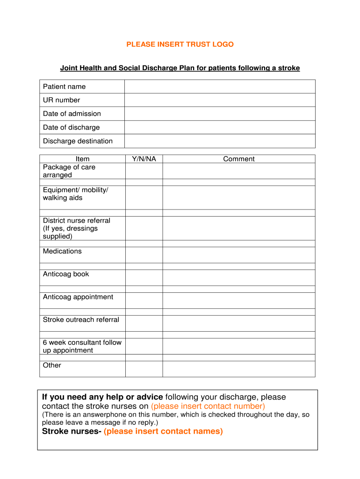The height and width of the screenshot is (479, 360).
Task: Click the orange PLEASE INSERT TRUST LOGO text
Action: click(180, 44)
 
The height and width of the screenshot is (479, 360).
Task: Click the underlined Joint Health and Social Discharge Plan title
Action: click(180, 68)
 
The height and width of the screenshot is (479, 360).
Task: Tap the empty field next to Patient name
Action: click(220, 87)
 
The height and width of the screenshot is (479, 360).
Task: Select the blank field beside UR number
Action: click(220, 100)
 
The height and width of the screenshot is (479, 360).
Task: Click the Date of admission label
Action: click(72, 114)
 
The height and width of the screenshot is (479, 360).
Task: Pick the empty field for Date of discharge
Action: click(220, 127)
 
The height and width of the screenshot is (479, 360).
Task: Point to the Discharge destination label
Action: click(78, 141)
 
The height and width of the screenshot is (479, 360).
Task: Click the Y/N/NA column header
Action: click(144, 159)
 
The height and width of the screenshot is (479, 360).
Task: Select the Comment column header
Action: click(239, 159)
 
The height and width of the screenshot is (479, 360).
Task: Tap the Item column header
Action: click(82, 159)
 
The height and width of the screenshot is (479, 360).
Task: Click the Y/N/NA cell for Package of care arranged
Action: click(144, 171)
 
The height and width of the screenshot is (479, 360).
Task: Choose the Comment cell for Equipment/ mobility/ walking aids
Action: click(239, 197)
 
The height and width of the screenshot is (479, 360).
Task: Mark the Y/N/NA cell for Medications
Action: click(144, 255)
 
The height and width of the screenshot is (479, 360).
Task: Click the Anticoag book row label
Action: click(66, 274)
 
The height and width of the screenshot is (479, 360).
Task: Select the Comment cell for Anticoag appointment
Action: click(239, 300)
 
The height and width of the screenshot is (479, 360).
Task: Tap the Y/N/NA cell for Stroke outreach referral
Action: click(144, 323)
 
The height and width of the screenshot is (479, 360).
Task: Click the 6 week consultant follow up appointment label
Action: click(82, 346)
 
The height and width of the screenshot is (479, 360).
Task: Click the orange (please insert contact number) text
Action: click(208, 406)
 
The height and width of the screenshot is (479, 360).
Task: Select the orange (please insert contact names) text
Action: click(163, 431)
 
